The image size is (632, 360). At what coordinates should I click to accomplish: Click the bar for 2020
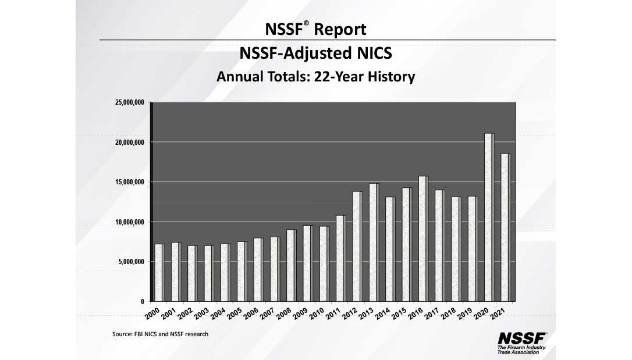(x=489, y=218)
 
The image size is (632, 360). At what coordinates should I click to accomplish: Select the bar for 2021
(x=505, y=227)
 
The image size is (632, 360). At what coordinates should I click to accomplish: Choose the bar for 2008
(x=291, y=265)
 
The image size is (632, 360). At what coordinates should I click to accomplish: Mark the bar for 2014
(x=390, y=249)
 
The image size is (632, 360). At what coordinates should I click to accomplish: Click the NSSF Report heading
(x=315, y=28)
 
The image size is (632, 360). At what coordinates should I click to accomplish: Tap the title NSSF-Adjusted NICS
(x=315, y=54)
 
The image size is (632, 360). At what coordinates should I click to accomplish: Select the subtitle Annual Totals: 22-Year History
(x=315, y=76)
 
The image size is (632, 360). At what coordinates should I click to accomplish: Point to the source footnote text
(x=160, y=334)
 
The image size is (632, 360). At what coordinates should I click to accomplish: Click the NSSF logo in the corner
(x=522, y=338)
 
